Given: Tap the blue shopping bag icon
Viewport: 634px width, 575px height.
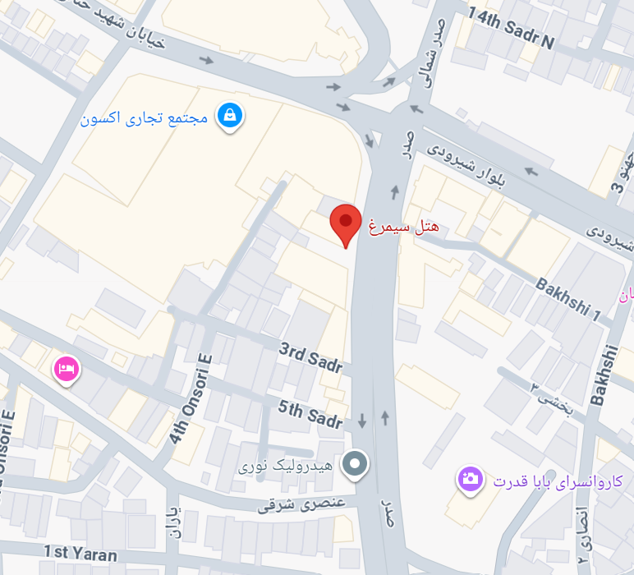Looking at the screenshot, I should [x=229, y=117].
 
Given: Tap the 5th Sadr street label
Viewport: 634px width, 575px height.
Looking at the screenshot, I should [x=310, y=414].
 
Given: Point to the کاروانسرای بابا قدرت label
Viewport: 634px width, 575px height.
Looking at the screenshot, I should [x=558, y=481].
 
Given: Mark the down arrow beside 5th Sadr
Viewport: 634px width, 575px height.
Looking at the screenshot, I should [x=362, y=421].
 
